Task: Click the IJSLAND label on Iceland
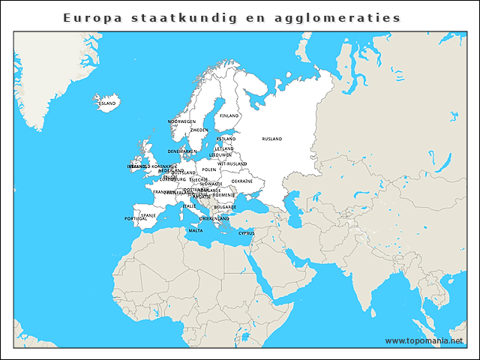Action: [107, 103]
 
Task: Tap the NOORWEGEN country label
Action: [182, 121]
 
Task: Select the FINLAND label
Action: [229, 116]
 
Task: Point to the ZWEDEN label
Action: [199, 130]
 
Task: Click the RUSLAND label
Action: [272, 139]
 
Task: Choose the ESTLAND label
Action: [226, 139]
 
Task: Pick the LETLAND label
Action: [224, 148]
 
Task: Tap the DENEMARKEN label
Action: [182, 151]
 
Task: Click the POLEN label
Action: [209, 169]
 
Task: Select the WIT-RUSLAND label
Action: [232, 163]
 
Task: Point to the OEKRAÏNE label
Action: [242, 181]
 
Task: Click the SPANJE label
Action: [148, 214]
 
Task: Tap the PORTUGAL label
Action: [136, 219]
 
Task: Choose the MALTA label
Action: [196, 230]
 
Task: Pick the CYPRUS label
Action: [247, 233]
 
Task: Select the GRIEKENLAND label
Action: [214, 218]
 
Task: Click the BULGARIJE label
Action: [225, 206]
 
